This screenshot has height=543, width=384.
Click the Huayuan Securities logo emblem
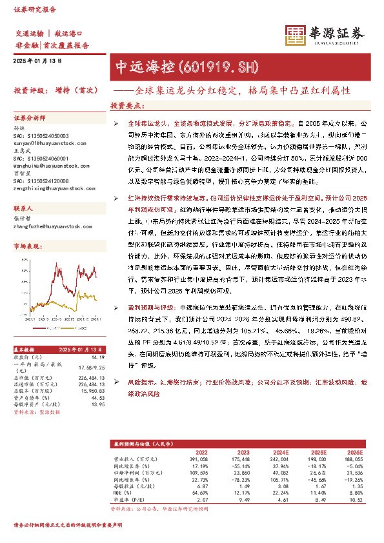296,36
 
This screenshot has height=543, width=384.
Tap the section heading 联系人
23,210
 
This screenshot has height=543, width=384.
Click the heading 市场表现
26,247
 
